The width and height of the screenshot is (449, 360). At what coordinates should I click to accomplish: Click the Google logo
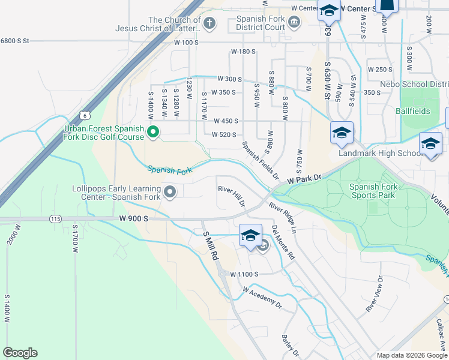(20, 353)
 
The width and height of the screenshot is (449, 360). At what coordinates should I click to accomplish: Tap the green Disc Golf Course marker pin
(153, 132)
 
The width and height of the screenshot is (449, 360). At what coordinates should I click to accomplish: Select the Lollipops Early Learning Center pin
(170, 192)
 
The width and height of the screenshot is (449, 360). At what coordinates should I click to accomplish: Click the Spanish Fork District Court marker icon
(294, 23)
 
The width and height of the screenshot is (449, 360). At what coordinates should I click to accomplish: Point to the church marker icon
(209, 23)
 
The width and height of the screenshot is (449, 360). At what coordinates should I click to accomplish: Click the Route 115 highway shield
(56, 220)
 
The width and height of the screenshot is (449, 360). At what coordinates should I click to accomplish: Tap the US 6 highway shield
(85, 115)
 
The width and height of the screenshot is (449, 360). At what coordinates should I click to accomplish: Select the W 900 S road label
(133, 219)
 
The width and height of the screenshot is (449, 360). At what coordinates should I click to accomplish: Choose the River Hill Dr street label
(232, 196)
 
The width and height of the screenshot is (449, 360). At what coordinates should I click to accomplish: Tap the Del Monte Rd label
(283, 242)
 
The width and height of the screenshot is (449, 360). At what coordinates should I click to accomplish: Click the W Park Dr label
(304, 179)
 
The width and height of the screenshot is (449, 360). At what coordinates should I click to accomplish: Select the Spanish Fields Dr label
(261, 160)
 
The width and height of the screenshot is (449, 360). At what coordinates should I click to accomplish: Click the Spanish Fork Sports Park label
(372, 191)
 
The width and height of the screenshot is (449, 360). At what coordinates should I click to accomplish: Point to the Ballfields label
(413, 111)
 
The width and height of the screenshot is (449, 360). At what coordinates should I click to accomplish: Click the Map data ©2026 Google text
(411, 355)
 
